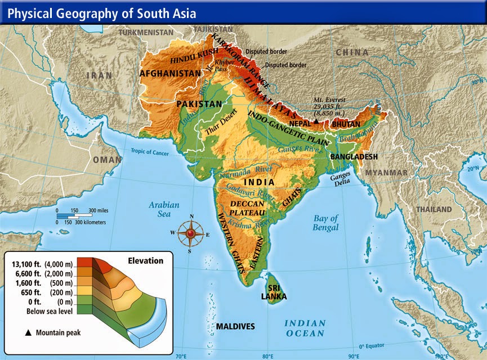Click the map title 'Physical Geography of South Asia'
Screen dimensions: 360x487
point(101,12)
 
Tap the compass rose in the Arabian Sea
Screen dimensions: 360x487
point(191,233)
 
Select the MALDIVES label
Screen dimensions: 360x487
point(235,326)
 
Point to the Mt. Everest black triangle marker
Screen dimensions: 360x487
point(316,121)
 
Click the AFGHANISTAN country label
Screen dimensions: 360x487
point(170,73)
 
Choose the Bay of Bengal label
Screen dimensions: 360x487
point(325,223)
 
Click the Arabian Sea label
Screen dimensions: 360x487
point(164,209)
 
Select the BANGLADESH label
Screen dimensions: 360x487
point(354,156)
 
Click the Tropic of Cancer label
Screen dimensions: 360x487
point(150,151)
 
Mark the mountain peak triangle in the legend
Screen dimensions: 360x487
point(28,332)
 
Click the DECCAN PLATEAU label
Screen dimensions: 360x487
point(248,207)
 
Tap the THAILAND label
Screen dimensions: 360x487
point(434,209)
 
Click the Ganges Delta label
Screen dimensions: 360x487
point(343,178)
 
